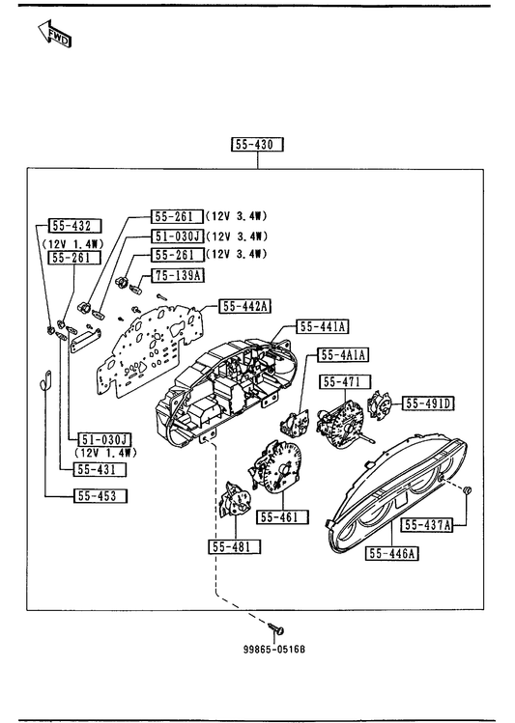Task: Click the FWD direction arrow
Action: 54,34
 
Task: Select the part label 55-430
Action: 257,145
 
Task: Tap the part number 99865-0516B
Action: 274,650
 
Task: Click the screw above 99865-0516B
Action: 276,628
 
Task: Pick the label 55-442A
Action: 245,306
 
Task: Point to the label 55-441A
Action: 322,326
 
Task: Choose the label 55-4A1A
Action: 343,354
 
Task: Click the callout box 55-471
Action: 345,382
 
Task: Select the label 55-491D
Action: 428,403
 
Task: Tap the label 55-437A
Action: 427,525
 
